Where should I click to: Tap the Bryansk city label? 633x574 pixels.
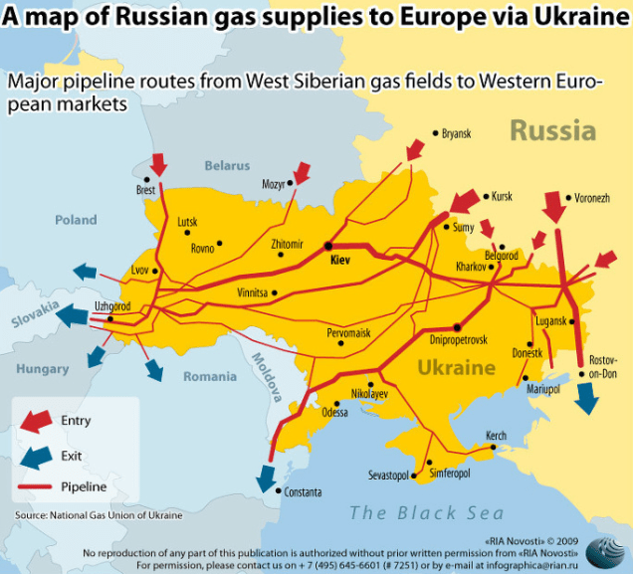tap(456, 133)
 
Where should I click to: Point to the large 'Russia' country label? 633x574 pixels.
tap(552, 130)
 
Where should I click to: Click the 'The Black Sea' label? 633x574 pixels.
tap(419, 512)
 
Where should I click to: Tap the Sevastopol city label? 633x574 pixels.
tap(389, 476)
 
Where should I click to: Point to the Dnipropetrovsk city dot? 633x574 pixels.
tap(457, 326)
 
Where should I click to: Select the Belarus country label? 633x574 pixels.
tap(227, 165)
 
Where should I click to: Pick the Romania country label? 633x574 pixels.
tap(210, 376)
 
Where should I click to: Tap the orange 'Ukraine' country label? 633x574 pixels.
tap(456, 367)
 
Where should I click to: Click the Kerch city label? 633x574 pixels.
tap(496, 436)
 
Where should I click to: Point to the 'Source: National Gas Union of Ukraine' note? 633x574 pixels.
tap(99, 514)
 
